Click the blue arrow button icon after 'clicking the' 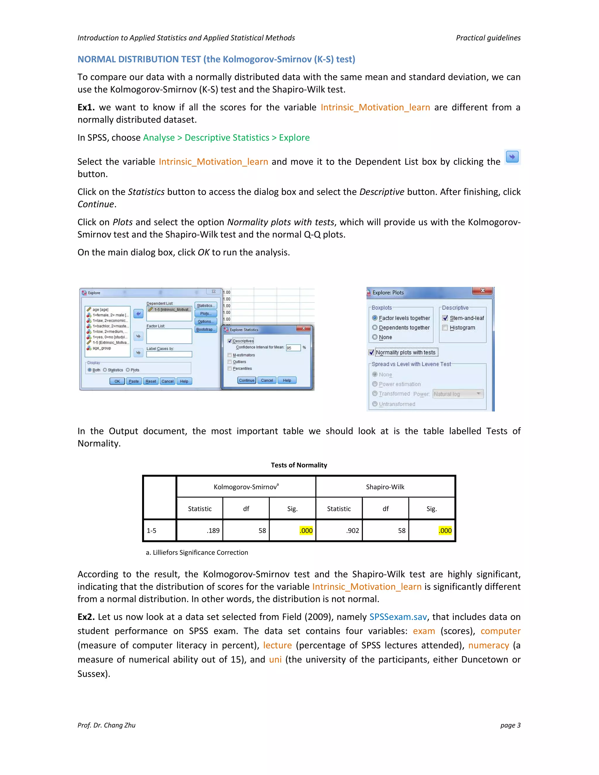tap(512, 156)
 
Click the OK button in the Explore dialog tap(117, 381)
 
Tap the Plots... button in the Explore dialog tap(205, 313)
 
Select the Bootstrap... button tap(205, 329)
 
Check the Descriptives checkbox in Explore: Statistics tap(230, 341)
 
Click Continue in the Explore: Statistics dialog tap(247, 380)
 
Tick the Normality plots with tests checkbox tap(371, 352)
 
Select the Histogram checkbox tap(445, 328)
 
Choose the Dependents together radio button tap(375, 328)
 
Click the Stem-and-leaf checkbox tap(445, 318)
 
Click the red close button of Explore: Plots tap(482, 291)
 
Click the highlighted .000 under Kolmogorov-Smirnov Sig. tap(306, 531)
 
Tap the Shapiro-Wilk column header tap(385, 487)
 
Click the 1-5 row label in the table tap(152, 531)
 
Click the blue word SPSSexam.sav tap(398, 617)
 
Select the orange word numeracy tap(488, 645)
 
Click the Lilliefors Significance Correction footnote tap(197, 552)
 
